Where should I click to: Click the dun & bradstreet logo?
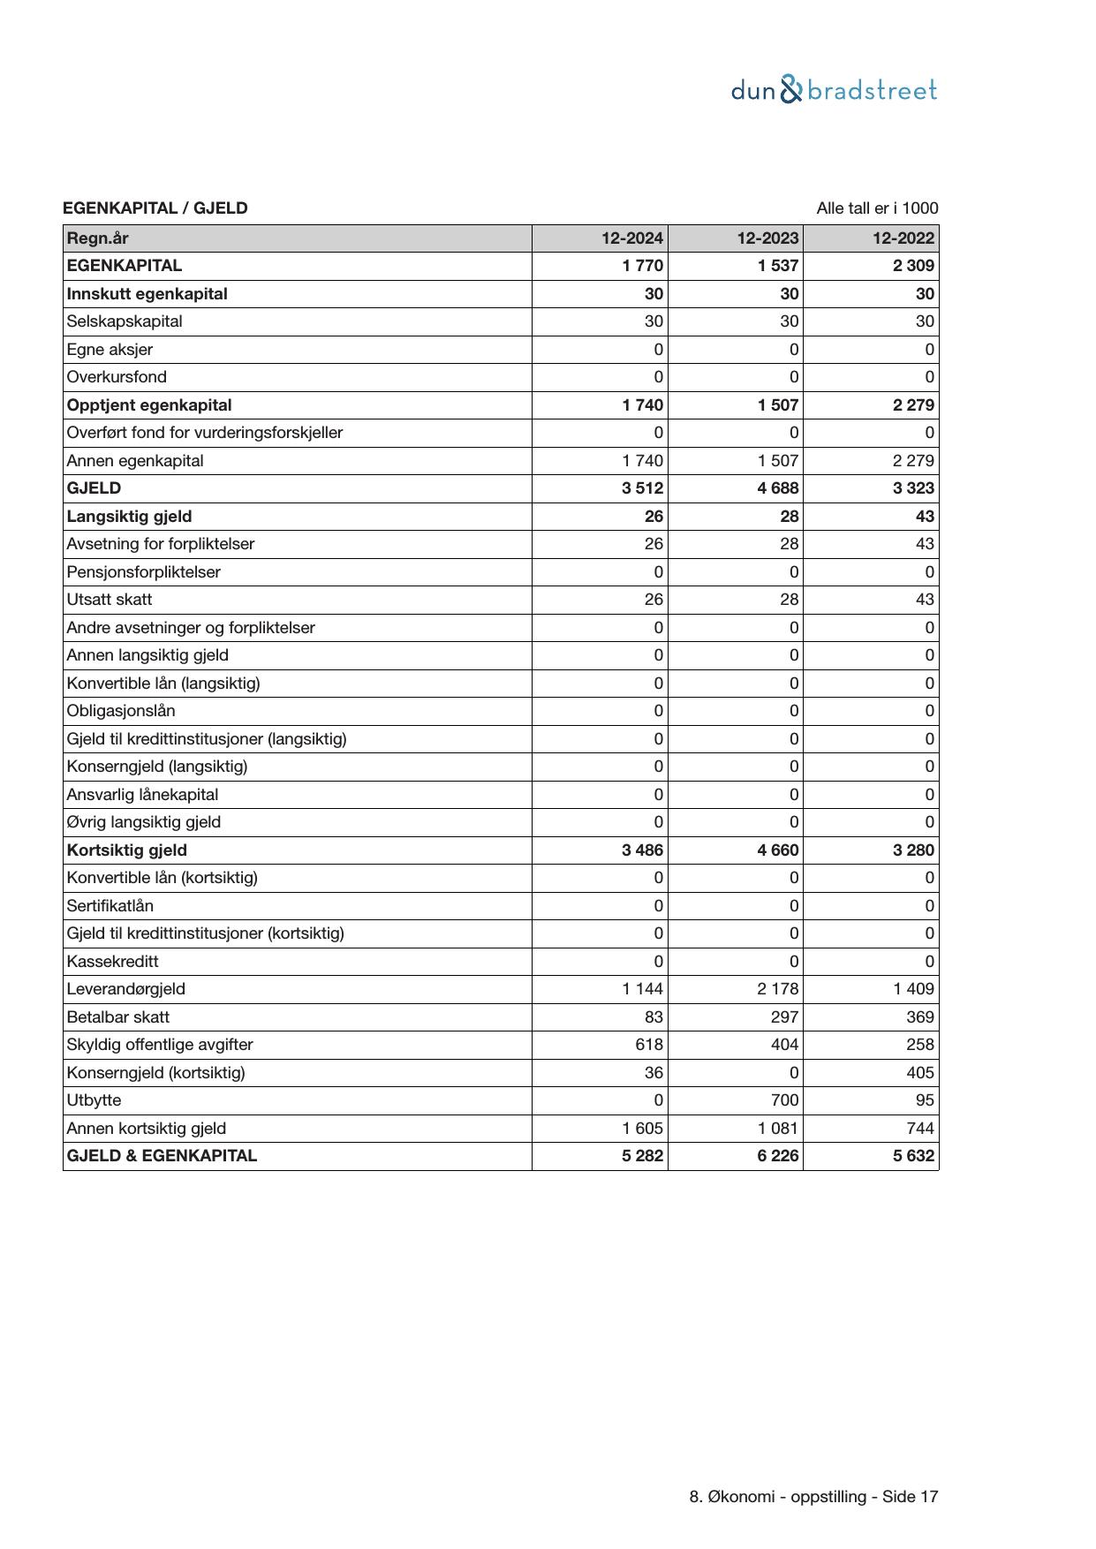coord(834,90)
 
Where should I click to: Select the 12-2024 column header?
coord(632,238)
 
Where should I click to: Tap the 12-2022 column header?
coord(903,238)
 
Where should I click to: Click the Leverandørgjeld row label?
coord(126,989)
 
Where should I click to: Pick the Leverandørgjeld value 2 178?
coord(777,989)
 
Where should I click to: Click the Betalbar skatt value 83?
coord(653,1017)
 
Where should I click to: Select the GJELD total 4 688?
coord(777,488)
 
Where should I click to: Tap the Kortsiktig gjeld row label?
coord(127,850)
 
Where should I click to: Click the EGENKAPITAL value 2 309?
coord(913,266)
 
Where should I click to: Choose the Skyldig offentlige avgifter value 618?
coord(649,1045)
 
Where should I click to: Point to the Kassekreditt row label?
coord(113,962)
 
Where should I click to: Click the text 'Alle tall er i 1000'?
coord(877,208)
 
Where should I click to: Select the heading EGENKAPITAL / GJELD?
coord(155,208)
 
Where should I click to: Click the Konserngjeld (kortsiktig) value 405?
coord(919,1073)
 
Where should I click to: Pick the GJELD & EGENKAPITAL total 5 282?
coord(642,1156)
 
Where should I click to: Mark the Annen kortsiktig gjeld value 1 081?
coord(777,1129)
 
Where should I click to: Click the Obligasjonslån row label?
coord(121,711)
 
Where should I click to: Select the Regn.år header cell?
coord(98,238)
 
